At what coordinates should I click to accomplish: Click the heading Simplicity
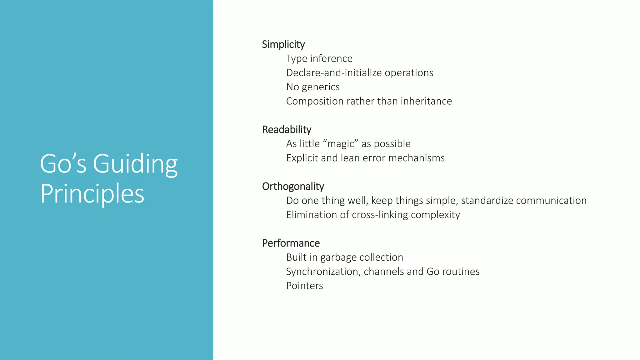coord(283,44)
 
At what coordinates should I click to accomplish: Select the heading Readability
coord(287,129)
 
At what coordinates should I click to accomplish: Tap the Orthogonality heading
coord(293,186)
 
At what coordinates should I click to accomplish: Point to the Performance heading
coord(291,243)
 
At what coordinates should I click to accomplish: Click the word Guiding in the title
coord(135,164)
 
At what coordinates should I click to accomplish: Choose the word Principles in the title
coord(92,194)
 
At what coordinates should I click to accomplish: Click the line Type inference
coord(319,58)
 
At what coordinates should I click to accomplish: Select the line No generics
coord(312,87)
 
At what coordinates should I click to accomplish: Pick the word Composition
coord(315,101)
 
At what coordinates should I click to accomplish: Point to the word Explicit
coord(302,158)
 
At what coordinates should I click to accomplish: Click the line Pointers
coord(304,286)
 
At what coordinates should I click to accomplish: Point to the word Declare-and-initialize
coord(334,73)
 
